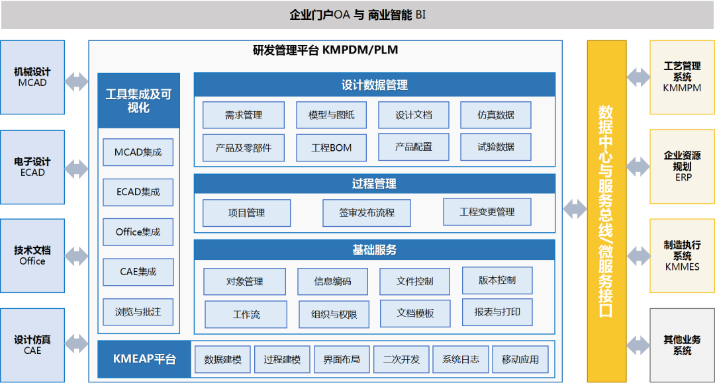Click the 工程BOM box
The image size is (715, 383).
[x=332, y=148]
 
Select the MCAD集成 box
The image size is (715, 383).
[x=138, y=152]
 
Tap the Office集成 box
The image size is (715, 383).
[x=138, y=232]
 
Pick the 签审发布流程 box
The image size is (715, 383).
[x=367, y=213]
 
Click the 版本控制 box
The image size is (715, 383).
[x=497, y=280]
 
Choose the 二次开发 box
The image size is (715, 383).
[x=401, y=359]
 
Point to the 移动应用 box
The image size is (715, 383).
[x=520, y=359]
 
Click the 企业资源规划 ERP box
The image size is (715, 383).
[x=682, y=166]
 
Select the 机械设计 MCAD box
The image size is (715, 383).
[x=32, y=77]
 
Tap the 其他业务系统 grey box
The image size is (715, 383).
[x=682, y=345]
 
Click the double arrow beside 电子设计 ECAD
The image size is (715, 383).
[x=77, y=169]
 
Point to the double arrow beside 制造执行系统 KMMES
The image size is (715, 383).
[x=638, y=256]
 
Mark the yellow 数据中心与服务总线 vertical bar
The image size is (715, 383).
[x=606, y=211]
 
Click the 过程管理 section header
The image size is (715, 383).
[x=374, y=183]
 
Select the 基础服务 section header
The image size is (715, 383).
[x=374, y=249]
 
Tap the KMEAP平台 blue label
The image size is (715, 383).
[x=144, y=359]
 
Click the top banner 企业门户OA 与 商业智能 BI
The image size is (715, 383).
[x=358, y=15]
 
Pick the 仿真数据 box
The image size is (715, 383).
[x=496, y=114]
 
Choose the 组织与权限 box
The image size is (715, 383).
[x=334, y=314]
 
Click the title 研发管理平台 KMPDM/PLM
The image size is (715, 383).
[x=326, y=50]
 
